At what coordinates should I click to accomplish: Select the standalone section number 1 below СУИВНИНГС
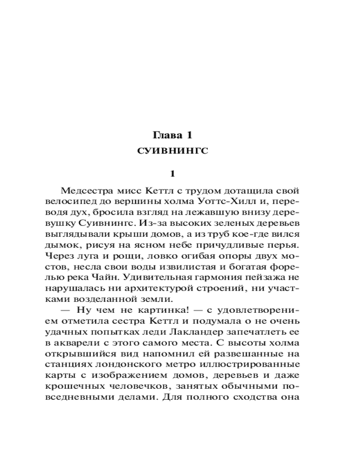click(x=173, y=174)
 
